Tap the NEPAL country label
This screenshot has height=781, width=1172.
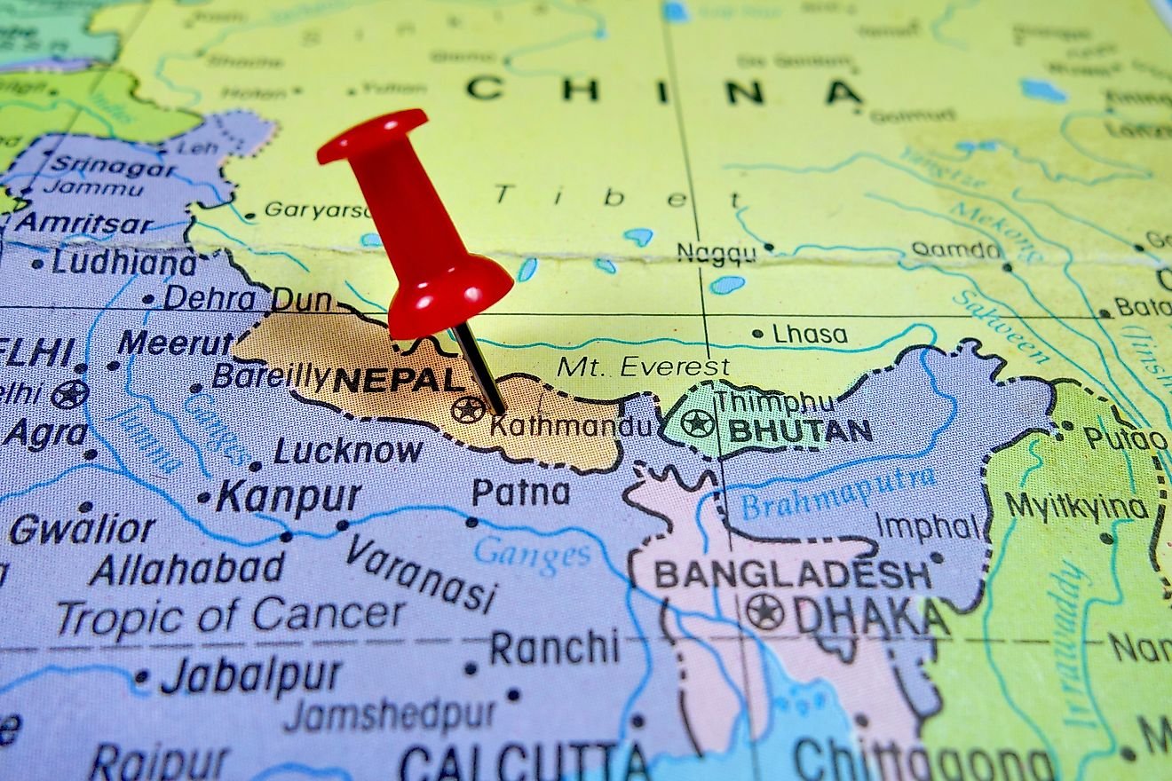[400, 380]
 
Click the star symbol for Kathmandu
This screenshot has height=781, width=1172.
[468, 409]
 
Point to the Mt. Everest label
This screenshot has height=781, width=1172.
[643, 367]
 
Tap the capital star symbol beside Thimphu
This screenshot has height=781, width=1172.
[698, 422]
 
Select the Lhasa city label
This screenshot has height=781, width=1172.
[809, 335]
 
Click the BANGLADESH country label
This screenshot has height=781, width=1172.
[793, 575]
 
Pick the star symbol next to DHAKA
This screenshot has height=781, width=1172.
[764, 612]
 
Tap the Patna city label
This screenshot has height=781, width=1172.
[520, 493]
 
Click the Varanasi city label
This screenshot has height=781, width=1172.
[421, 572]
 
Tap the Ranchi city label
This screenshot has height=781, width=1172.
[553, 648]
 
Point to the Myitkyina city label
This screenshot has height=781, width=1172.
[1076, 508]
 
